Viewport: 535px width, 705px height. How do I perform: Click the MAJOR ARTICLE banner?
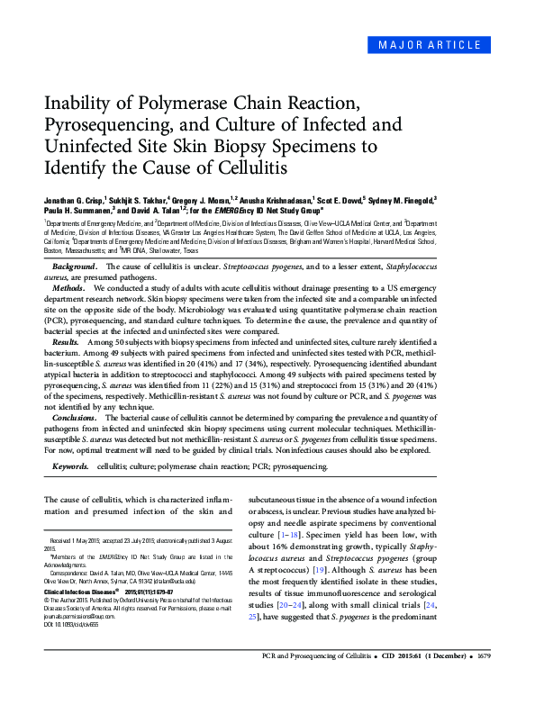point(447,44)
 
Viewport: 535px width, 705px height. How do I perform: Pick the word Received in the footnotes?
point(67,541)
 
